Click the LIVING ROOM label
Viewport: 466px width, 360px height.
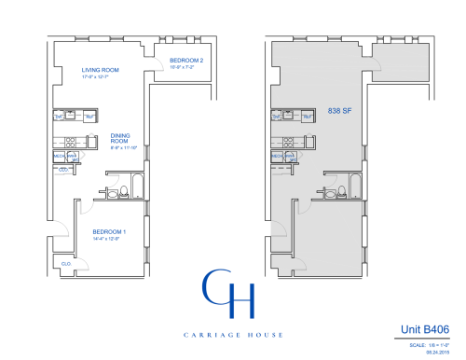(x=99, y=70)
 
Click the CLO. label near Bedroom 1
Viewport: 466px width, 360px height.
(x=66, y=264)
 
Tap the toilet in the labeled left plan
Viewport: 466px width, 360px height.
(x=125, y=193)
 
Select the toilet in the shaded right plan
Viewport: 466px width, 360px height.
(x=340, y=193)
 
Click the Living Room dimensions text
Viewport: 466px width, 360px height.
(x=98, y=76)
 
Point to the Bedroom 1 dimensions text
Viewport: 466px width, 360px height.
(x=106, y=239)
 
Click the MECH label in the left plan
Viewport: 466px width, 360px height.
(x=58, y=156)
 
